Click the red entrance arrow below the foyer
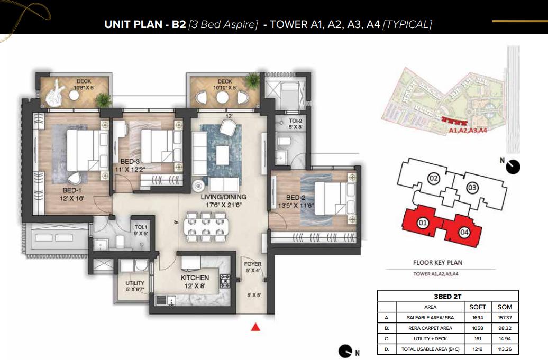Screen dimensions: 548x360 point(255,327)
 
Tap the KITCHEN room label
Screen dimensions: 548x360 point(195,278)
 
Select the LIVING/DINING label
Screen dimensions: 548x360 point(223,197)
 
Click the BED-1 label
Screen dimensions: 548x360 point(72,190)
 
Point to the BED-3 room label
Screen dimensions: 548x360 point(130,161)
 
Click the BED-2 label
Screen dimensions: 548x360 point(296,198)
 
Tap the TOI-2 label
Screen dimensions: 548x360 point(295,121)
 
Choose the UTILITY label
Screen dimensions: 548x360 point(135,283)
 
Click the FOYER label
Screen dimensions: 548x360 point(253,264)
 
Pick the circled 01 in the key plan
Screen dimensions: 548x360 point(423,223)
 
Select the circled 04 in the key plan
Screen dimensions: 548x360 point(464,232)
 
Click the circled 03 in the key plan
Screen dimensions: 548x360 point(472,188)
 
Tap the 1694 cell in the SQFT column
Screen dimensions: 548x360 point(478,318)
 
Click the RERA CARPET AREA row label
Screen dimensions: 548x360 point(430,328)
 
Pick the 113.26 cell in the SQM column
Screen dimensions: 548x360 point(505,349)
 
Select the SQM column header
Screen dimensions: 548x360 point(505,307)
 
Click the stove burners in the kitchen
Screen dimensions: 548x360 point(225,281)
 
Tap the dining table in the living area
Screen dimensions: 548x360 point(206,227)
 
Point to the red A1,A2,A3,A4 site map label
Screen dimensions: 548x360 point(468,130)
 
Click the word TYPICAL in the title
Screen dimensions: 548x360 point(407,24)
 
